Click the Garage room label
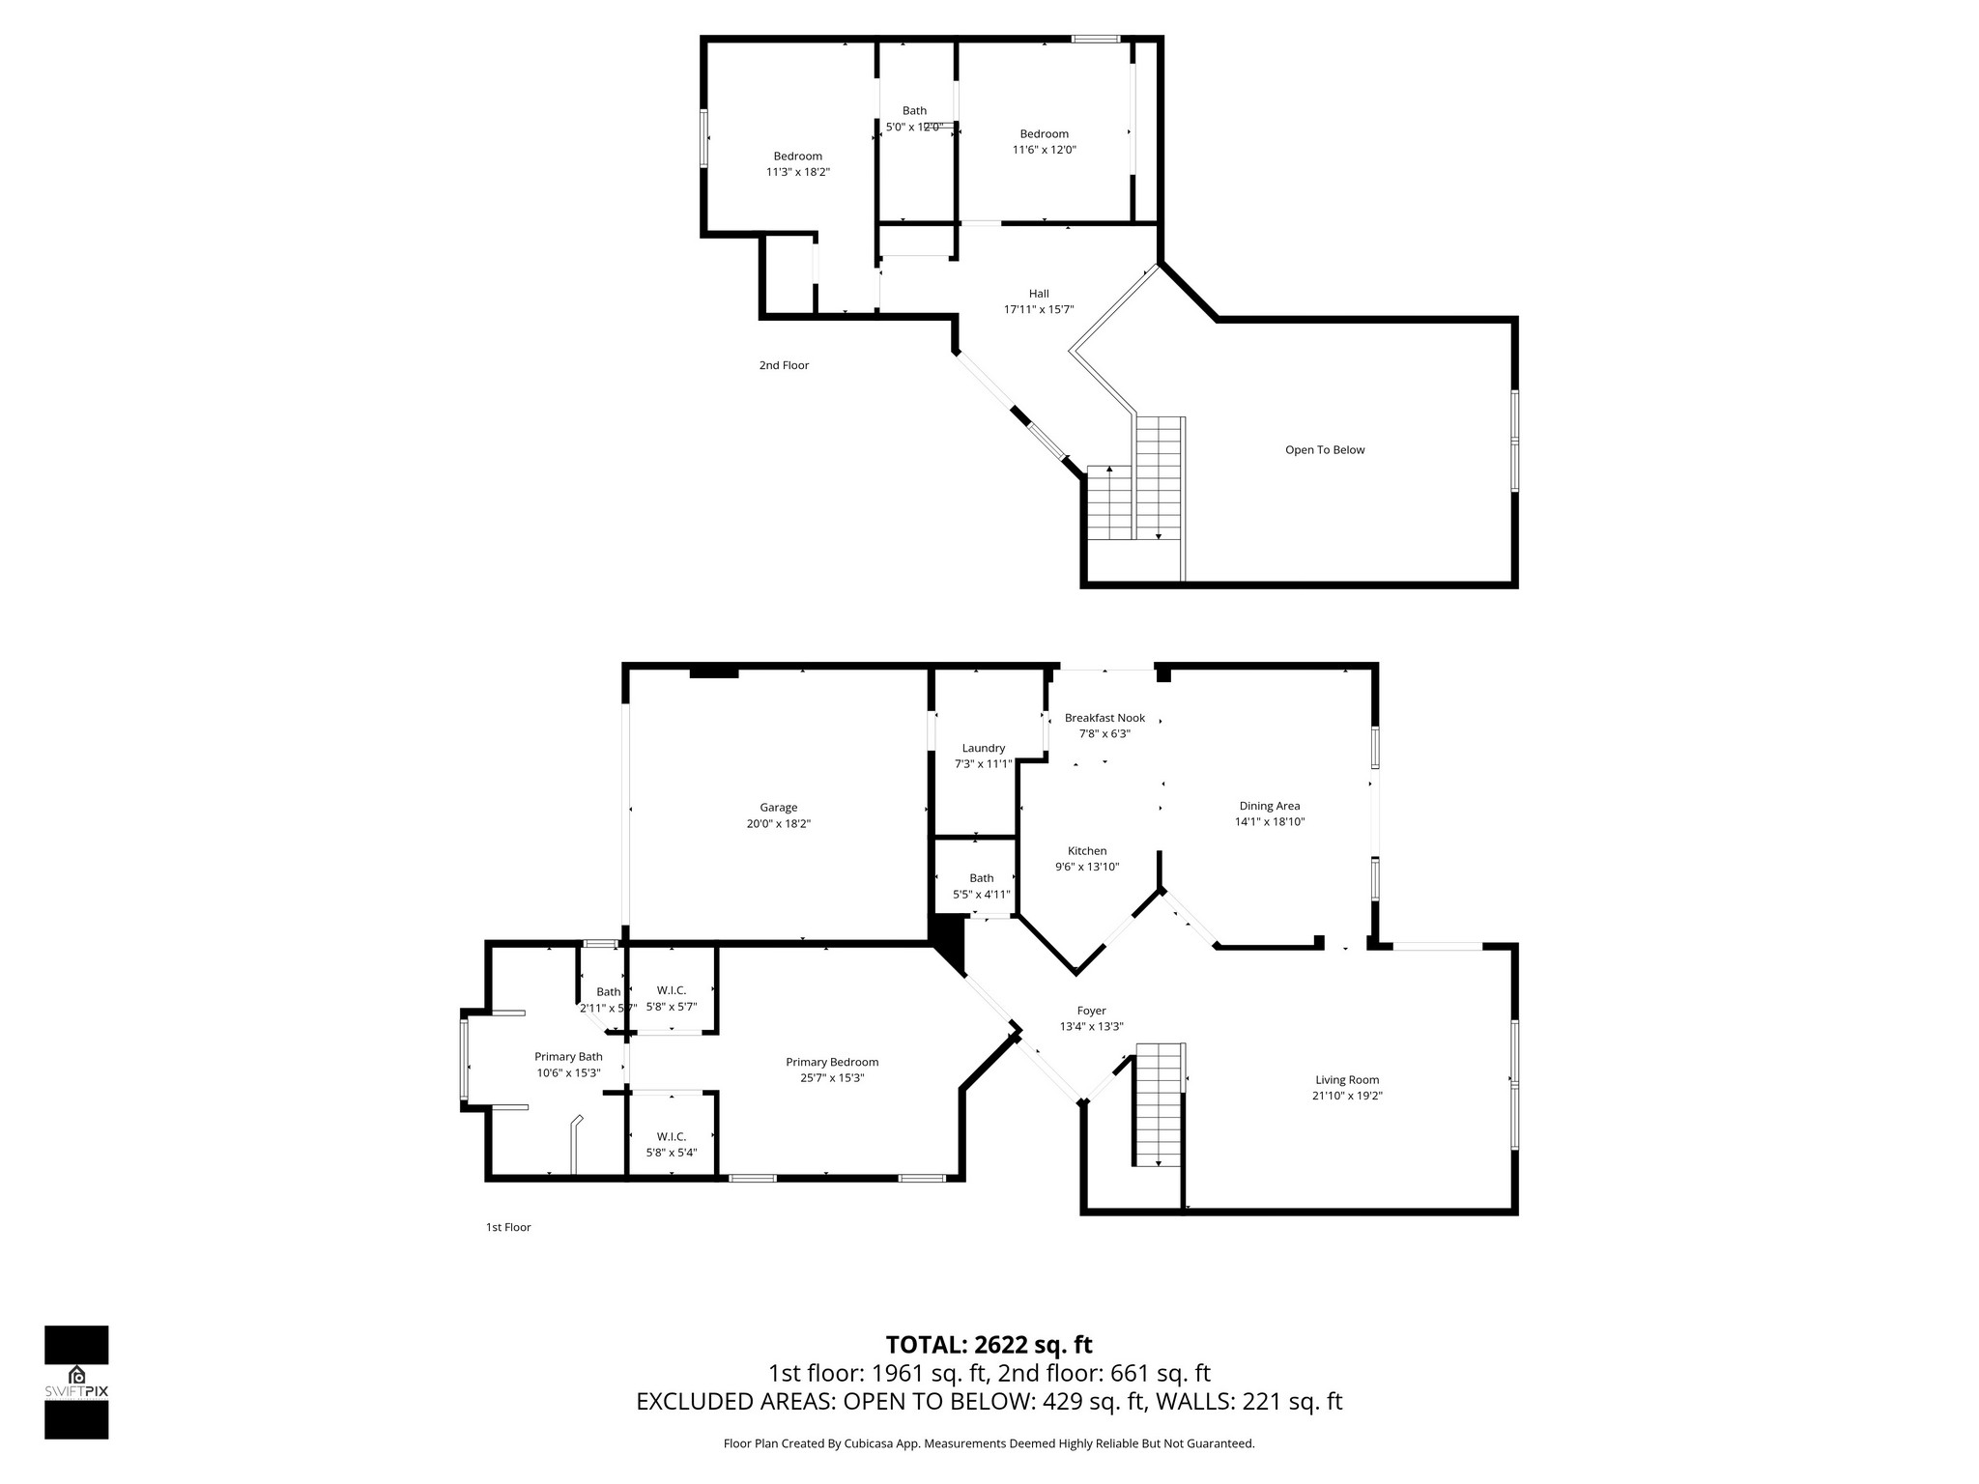[x=778, y=808]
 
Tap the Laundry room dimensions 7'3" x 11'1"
[x=983, y=764]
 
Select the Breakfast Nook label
[x=1104, y=718]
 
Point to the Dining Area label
[x=1269, y=806]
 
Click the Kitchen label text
[x=1087, y=851]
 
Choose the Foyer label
[x=1091, y=1011]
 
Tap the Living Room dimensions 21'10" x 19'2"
[x=1347, y=1096]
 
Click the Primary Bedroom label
[x=832, y=1062]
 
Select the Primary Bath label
[x=568, y=1057]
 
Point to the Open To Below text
[x=1325, y=450]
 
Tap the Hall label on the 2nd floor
[x=1039, y=294]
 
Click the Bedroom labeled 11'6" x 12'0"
[x=1044, y=134]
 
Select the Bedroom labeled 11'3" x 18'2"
[x=797, y=157]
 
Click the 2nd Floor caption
[x=784, y=365]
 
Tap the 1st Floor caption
[x=508, y=1227]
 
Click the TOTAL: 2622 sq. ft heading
[x=989, y=1345]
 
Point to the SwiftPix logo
[x=76, y=1383]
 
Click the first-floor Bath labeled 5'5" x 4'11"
[x=981, y=878]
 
